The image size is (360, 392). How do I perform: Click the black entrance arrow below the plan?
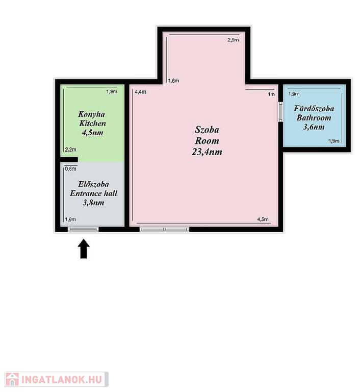pyautogui.click(x=84, y=249)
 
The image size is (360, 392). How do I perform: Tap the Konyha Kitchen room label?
pyautogui.click(x=92, y=119)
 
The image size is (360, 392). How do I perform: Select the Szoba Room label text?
pyautogui.click(x=207, y=135)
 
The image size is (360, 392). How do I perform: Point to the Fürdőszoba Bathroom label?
pyautogui.click(x=314, y=113)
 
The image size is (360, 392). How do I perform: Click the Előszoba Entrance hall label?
pyautogui.click(x=93, y=189)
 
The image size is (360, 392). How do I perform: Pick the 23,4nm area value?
pyautogui.click(x=207, y=152)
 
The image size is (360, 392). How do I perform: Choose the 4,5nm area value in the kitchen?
pyautogui.click(x=92, y=133)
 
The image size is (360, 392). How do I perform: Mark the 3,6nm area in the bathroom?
pyautogui.click(x=314, y=127)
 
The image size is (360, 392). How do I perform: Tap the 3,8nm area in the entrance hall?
pyautogui.click(x=93, y=203)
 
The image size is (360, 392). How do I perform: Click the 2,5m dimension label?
pyautogui.click(x=233, y=40)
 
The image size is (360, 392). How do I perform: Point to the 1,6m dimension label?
pyautogui.click(x=173, y=81)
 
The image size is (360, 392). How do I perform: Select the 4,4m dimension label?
pyautogui.click(x=141, y=92)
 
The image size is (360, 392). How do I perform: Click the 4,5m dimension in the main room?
pyautogui.click(x=263, y=219)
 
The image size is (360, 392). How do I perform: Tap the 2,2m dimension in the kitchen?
pyautogui.click(x=71, y=150)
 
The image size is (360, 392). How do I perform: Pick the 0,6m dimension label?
pyautogui.click(x=71, y=169)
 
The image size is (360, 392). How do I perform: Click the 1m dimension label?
pyautogui.click(x=271, y=94)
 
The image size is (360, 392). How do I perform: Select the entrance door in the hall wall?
pyautogui.click(x=83, y=229)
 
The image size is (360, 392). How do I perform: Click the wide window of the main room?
pyautogui.click(x=164, y=229)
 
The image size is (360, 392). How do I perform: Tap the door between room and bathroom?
pyautogui.click(x=280, y=112)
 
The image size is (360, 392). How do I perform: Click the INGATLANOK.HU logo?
pyautogui.click(x=57, y=379)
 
